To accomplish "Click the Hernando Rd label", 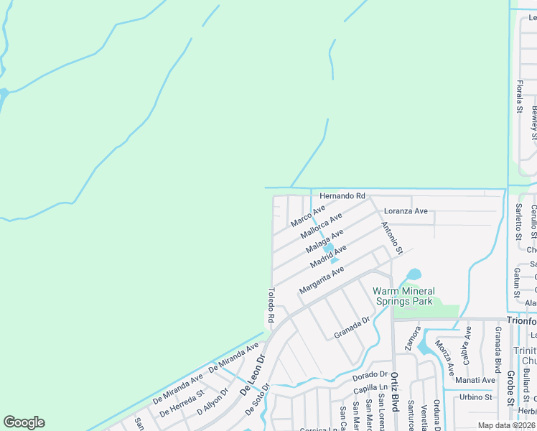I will tap(342, 195).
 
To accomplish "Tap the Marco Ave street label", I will tap(308, 215).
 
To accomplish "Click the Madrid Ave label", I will tap(329, 256).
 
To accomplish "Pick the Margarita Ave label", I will tap(322, 279).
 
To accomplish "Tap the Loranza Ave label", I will tap(406, 211).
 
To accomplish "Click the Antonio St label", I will tap(392, 238).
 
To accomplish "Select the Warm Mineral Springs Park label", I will tap(403, 296).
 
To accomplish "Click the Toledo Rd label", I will tap(271, 305).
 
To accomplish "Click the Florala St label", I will tap(519, 97).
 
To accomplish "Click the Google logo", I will tap(24, 422).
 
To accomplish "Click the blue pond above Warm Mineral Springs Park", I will tap(413, 274).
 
